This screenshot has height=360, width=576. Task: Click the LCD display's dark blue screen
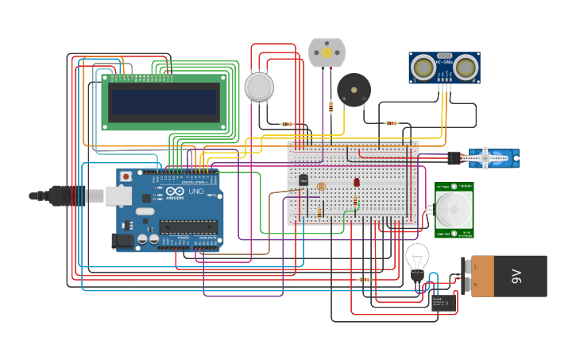click(x=164, y=102)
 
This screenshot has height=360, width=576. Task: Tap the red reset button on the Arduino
click(x=126, y=176)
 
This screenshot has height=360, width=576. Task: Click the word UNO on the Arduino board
click(x=195, y=192)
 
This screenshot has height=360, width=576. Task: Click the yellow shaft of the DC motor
click(x=327, y=52)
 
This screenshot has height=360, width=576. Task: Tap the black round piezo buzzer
click(x=353, y=90)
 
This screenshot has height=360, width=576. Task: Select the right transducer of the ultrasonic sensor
click(x=465, y=68)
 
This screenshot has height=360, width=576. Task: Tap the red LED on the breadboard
click(x=356, y=182)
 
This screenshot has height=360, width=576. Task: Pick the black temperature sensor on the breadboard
click(x=303, y=180)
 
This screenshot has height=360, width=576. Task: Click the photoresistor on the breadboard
click(x=321, y=187)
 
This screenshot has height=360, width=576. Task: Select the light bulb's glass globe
click(x=417, y=256)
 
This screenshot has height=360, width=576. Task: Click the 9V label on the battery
click(x=516, y=277)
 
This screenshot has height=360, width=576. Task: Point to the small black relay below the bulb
click(x=442, y=303)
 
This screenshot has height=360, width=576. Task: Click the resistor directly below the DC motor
click(x=331, y=107)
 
